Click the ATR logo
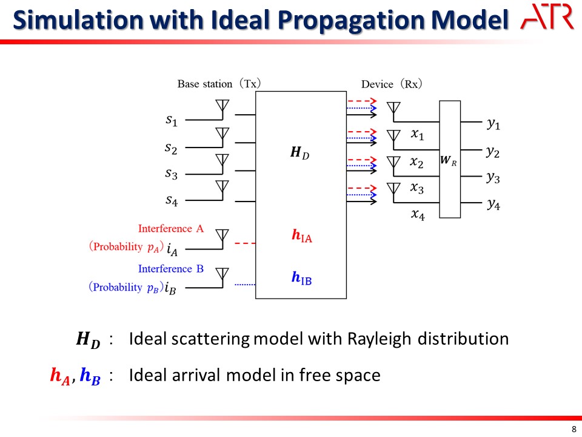[x=547, y=17]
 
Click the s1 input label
[x=172, y=120]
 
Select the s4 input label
[x=172, y=201]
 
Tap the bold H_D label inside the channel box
[x=299, y=152]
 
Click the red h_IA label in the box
[x=302, y=235]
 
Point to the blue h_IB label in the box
[x=301, y=277]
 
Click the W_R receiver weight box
[x=450, y=159]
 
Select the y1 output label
[x=493, y=124]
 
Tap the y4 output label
[x=493, y=204]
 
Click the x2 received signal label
[x=416, y=163]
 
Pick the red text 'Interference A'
[x=171, y=228]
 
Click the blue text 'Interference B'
[x=171, y=269]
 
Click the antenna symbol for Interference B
[x=222, y=277]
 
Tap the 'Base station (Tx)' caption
[x=219, y=84]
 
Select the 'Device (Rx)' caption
[x=392, y=84]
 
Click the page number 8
[x=574, y=429]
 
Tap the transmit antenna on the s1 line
[x=222, y=109]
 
